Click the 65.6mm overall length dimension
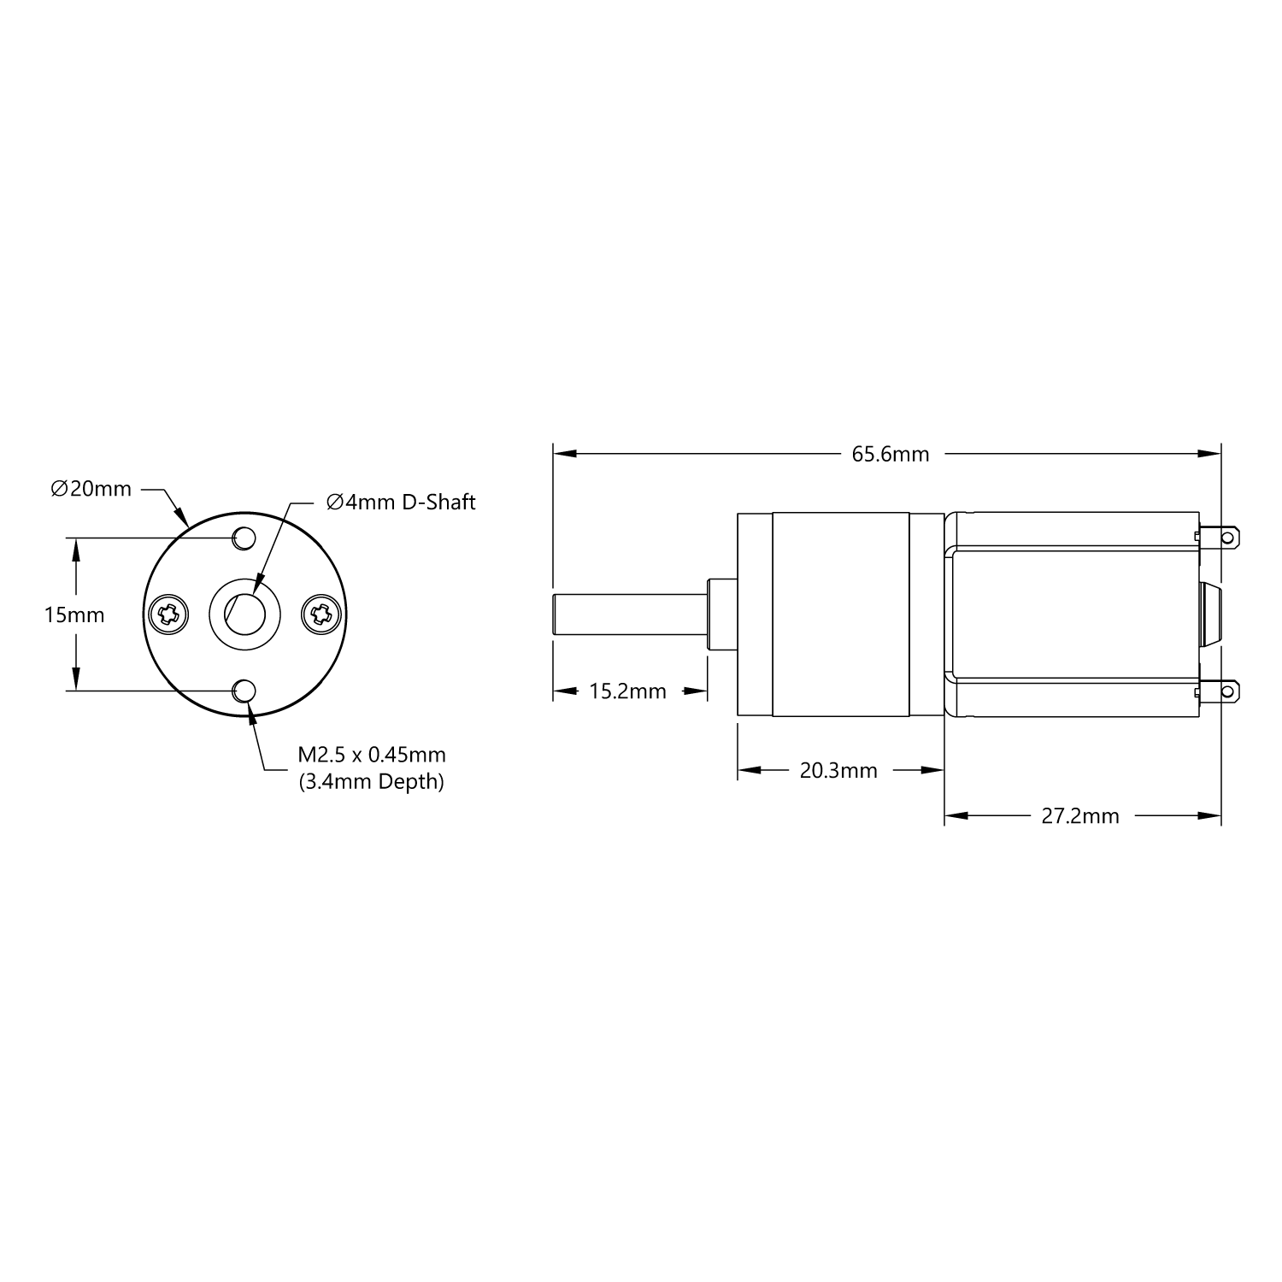point(890,454)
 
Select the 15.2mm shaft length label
point(627,691)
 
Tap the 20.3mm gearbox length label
point(838,771)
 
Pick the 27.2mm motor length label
point(1079,816)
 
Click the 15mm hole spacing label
point(74,615)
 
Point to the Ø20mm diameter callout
point(91,489)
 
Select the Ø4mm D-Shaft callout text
point(401,502)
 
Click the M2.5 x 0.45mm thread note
point(372,755)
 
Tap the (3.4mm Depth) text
point(372,781)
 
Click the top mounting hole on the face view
point(244,538)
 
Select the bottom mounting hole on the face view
point(244,691)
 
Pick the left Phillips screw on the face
point(168,615)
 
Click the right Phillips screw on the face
point(323,615)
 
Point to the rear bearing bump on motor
point(1211,615)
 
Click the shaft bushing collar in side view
point(722,615)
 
